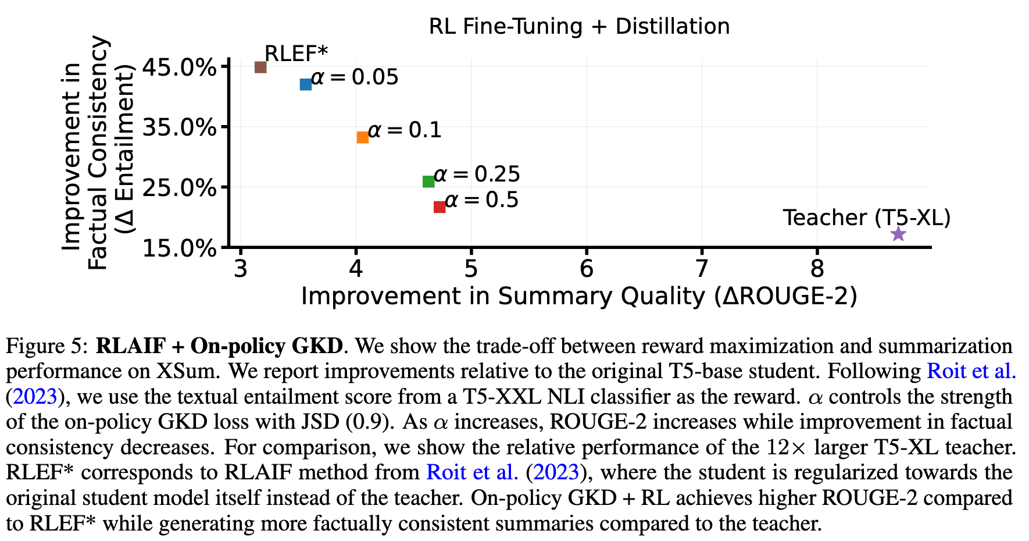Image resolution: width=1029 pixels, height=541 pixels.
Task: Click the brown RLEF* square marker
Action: click(x=260, y=67)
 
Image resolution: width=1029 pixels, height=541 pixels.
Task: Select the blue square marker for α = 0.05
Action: click(x=306, y=84)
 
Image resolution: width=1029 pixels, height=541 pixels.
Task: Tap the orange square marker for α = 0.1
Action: click(x=363, y=137)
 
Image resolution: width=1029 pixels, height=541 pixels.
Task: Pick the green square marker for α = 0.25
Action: click(x=428, y=181)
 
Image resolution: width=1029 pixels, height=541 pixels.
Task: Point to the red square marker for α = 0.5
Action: click(x=440, y=207)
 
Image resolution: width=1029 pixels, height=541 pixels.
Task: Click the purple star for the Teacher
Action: click(x=898, y=234)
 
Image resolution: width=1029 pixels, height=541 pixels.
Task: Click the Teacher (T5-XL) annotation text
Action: click(x=866, y=218)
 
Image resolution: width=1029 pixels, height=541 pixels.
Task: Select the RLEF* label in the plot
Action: click(x=296, y=54)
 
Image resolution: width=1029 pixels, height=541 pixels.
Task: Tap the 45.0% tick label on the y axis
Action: click(x=179, y=67)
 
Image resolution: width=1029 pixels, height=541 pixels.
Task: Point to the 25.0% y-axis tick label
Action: click(x=179, y=188)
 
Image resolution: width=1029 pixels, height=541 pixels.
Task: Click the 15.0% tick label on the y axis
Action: click(x=179, y=248)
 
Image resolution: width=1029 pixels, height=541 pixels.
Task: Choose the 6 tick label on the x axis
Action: click(x=587, y=269)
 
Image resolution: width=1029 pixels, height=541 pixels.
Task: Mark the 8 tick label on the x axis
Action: click(x=817, y=269)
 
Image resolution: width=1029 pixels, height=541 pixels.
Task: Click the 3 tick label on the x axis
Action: click(x=241, y=269)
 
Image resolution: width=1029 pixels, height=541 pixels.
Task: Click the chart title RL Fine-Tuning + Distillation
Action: click(x=579, y=27)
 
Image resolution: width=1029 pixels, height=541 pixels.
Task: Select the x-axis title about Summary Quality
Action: click(x=579, y=297)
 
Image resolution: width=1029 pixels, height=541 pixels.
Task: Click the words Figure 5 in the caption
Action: click(x=47, y=346)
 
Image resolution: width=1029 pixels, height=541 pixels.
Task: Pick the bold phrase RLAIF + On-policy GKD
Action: click(x=219, y=346)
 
